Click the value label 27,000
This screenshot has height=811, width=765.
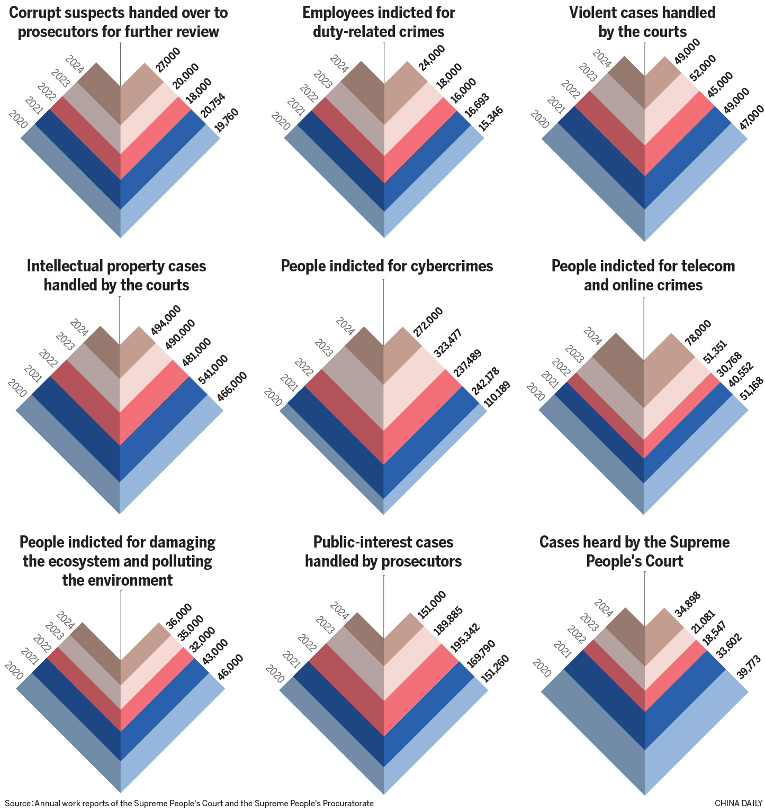pos(168,59)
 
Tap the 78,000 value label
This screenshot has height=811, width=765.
pos(698,333)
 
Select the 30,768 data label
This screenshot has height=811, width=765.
pos(730,365)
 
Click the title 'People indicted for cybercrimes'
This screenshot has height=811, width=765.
pos(386,266)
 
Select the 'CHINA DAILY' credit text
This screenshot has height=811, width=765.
pos(737,803)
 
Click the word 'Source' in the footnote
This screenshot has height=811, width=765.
pos(18,803)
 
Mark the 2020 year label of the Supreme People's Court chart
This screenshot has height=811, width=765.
pos(543,668)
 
